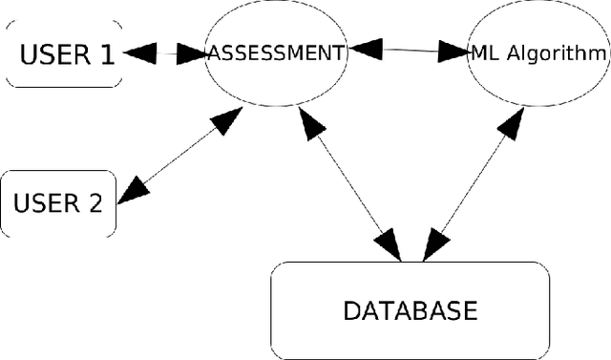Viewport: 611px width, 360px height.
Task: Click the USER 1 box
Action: (65, 53)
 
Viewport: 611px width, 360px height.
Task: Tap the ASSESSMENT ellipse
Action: (277, 53)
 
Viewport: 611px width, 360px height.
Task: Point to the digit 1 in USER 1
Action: (105, 54)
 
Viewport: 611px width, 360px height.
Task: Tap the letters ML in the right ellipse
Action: (480, 53)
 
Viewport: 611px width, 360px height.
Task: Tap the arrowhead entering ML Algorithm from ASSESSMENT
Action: (451, 52)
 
